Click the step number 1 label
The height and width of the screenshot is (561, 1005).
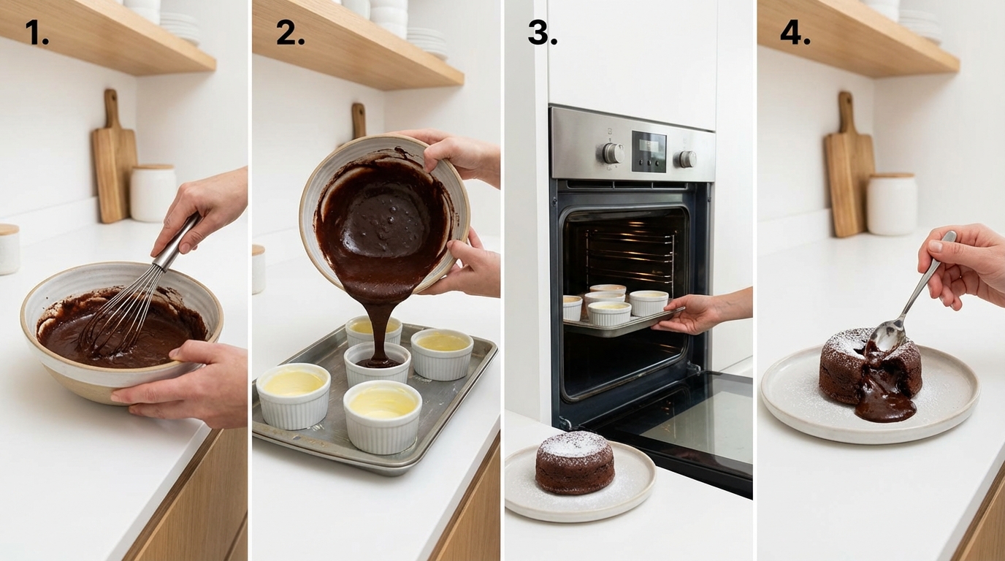click(37, 33)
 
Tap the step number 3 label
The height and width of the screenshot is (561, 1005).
click(542, 33)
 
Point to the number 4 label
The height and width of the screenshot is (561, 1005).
click(795, 33)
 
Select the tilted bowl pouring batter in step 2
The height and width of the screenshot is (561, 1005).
click(383, 212)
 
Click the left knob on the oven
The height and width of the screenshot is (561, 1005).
click(612, 153)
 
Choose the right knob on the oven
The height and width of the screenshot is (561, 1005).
click(687, 159)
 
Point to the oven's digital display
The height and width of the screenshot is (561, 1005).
click(649, 151)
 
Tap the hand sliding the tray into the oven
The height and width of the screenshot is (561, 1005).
click(694, 313)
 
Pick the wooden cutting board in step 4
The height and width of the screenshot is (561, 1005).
click(849, 172)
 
